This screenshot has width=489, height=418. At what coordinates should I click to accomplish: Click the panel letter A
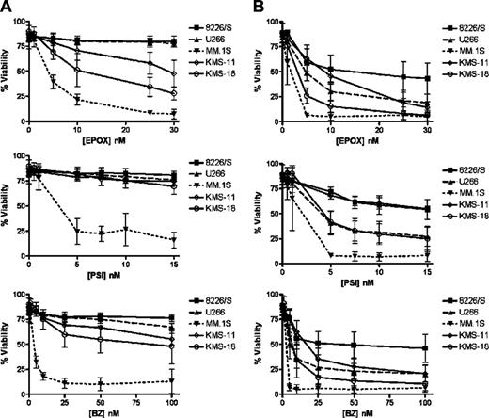tap(7, 8)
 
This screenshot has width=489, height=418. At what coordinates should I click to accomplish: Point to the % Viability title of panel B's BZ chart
tap(258, 345)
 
